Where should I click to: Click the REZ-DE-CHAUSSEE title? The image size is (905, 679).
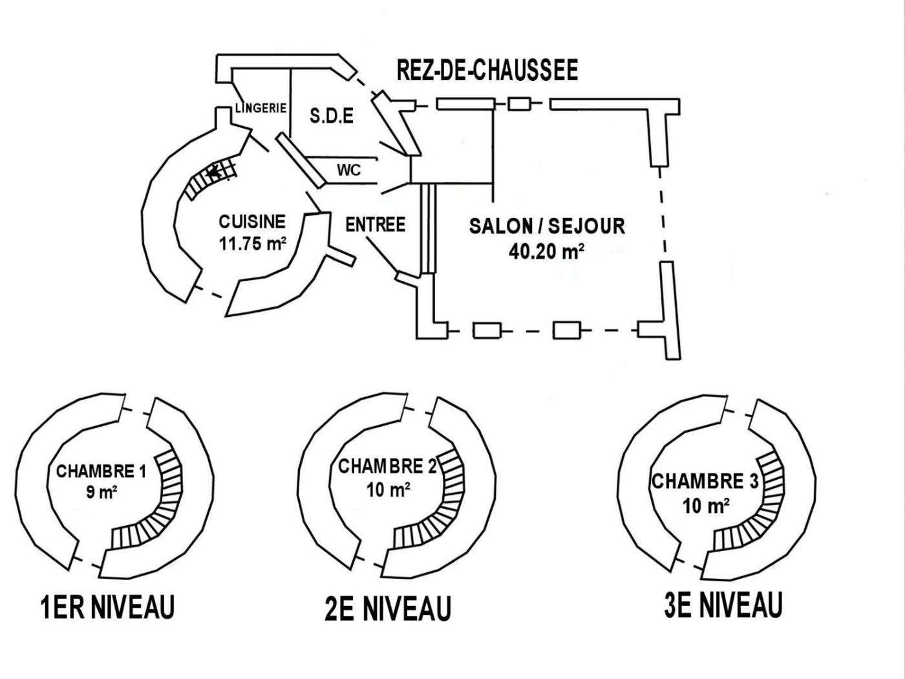click(x=487, y=70)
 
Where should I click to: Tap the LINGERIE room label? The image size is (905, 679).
click(x=261, y=109)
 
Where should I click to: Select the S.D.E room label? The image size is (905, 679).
click(x=332, y=116)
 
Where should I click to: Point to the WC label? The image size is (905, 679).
click(x=348, y=171)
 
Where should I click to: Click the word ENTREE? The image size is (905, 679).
click(x=375, y=224)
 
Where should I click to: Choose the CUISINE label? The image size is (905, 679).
click(x=252, y=222)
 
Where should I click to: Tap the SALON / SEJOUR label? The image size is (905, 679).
click(x=547, y=226)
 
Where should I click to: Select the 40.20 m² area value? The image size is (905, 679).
click(x=547, y=251)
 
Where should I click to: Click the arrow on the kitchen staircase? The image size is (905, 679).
click(x=215, y=172)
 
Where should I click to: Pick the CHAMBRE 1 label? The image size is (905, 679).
click(x=101, y=471)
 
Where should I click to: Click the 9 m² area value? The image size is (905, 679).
click(x=101, y=492)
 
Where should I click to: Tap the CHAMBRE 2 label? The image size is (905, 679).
click(x=388, y=466)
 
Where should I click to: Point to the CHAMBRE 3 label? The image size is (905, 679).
click(x=705, y=482)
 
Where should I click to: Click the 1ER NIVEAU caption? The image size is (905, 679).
click(x=107, y=608)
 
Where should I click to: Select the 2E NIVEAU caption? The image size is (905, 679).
click(x=388, y=609)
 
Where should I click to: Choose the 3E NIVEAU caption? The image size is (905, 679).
click(x=723, y=606)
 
